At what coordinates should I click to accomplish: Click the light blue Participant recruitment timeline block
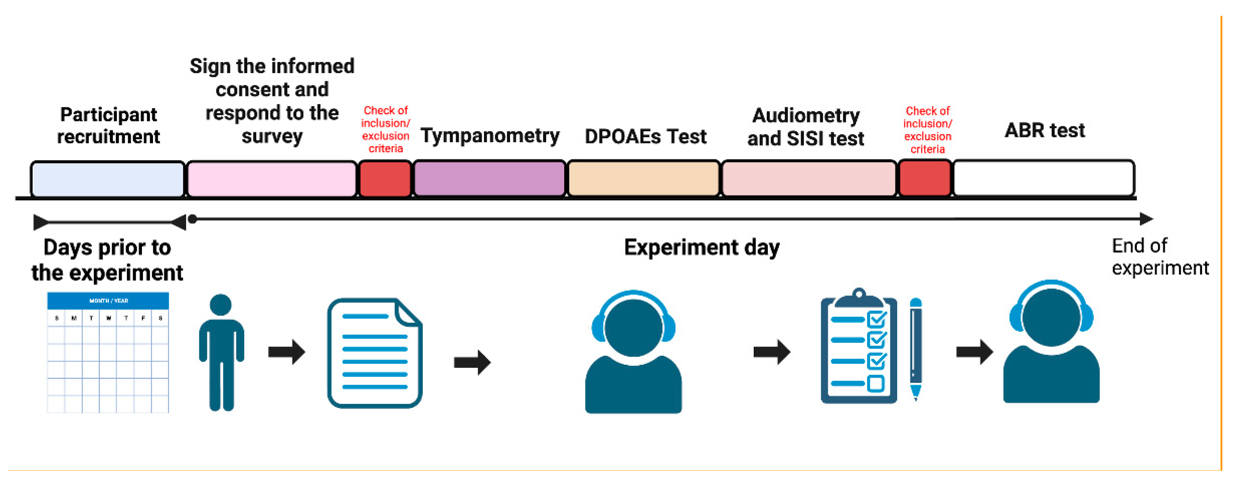tap(107, 179)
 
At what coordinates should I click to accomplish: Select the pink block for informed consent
tap(271, 179)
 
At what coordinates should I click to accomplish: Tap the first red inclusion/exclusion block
tap(385, 179)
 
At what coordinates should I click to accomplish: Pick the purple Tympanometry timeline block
tap(489, 179)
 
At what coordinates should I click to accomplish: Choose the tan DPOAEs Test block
tap(643, 179)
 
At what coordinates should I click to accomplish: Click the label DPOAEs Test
tap(645, 137)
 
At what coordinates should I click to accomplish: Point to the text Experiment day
tap(702, 248)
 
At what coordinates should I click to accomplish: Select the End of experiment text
tap(1159, 257)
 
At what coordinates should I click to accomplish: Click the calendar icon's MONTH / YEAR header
tap(108, 301)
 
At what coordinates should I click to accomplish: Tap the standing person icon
tap(221, 352)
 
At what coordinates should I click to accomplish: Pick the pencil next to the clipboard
tap(915, 349)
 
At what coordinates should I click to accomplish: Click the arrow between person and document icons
tap(286, 352)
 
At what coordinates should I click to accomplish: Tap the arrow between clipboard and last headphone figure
tap(974, 352)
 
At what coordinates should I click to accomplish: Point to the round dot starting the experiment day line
tap(192, 219)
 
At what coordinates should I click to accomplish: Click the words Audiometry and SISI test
tap(806, 127)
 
